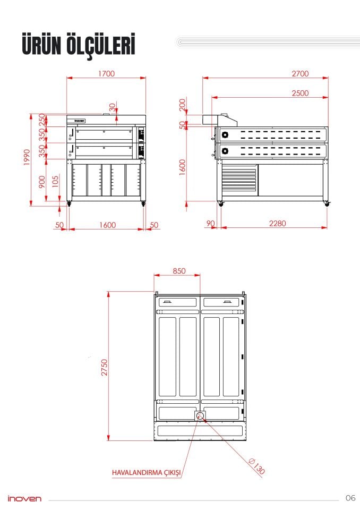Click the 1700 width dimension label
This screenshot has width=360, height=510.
coord(106,74)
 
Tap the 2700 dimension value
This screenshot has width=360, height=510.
coord(300,74)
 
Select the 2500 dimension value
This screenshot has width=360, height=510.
coord(300,93)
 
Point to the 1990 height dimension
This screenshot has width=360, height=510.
coord(27,157)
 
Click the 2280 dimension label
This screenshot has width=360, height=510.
coord(277,224)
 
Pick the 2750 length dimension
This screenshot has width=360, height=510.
coord(104,368)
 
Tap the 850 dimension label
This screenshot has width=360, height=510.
coord(179,271)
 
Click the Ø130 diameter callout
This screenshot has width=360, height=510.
coord(257,466)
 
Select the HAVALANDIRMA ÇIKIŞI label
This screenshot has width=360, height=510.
coord(146,473)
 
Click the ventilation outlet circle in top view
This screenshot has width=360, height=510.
coord(200,415)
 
